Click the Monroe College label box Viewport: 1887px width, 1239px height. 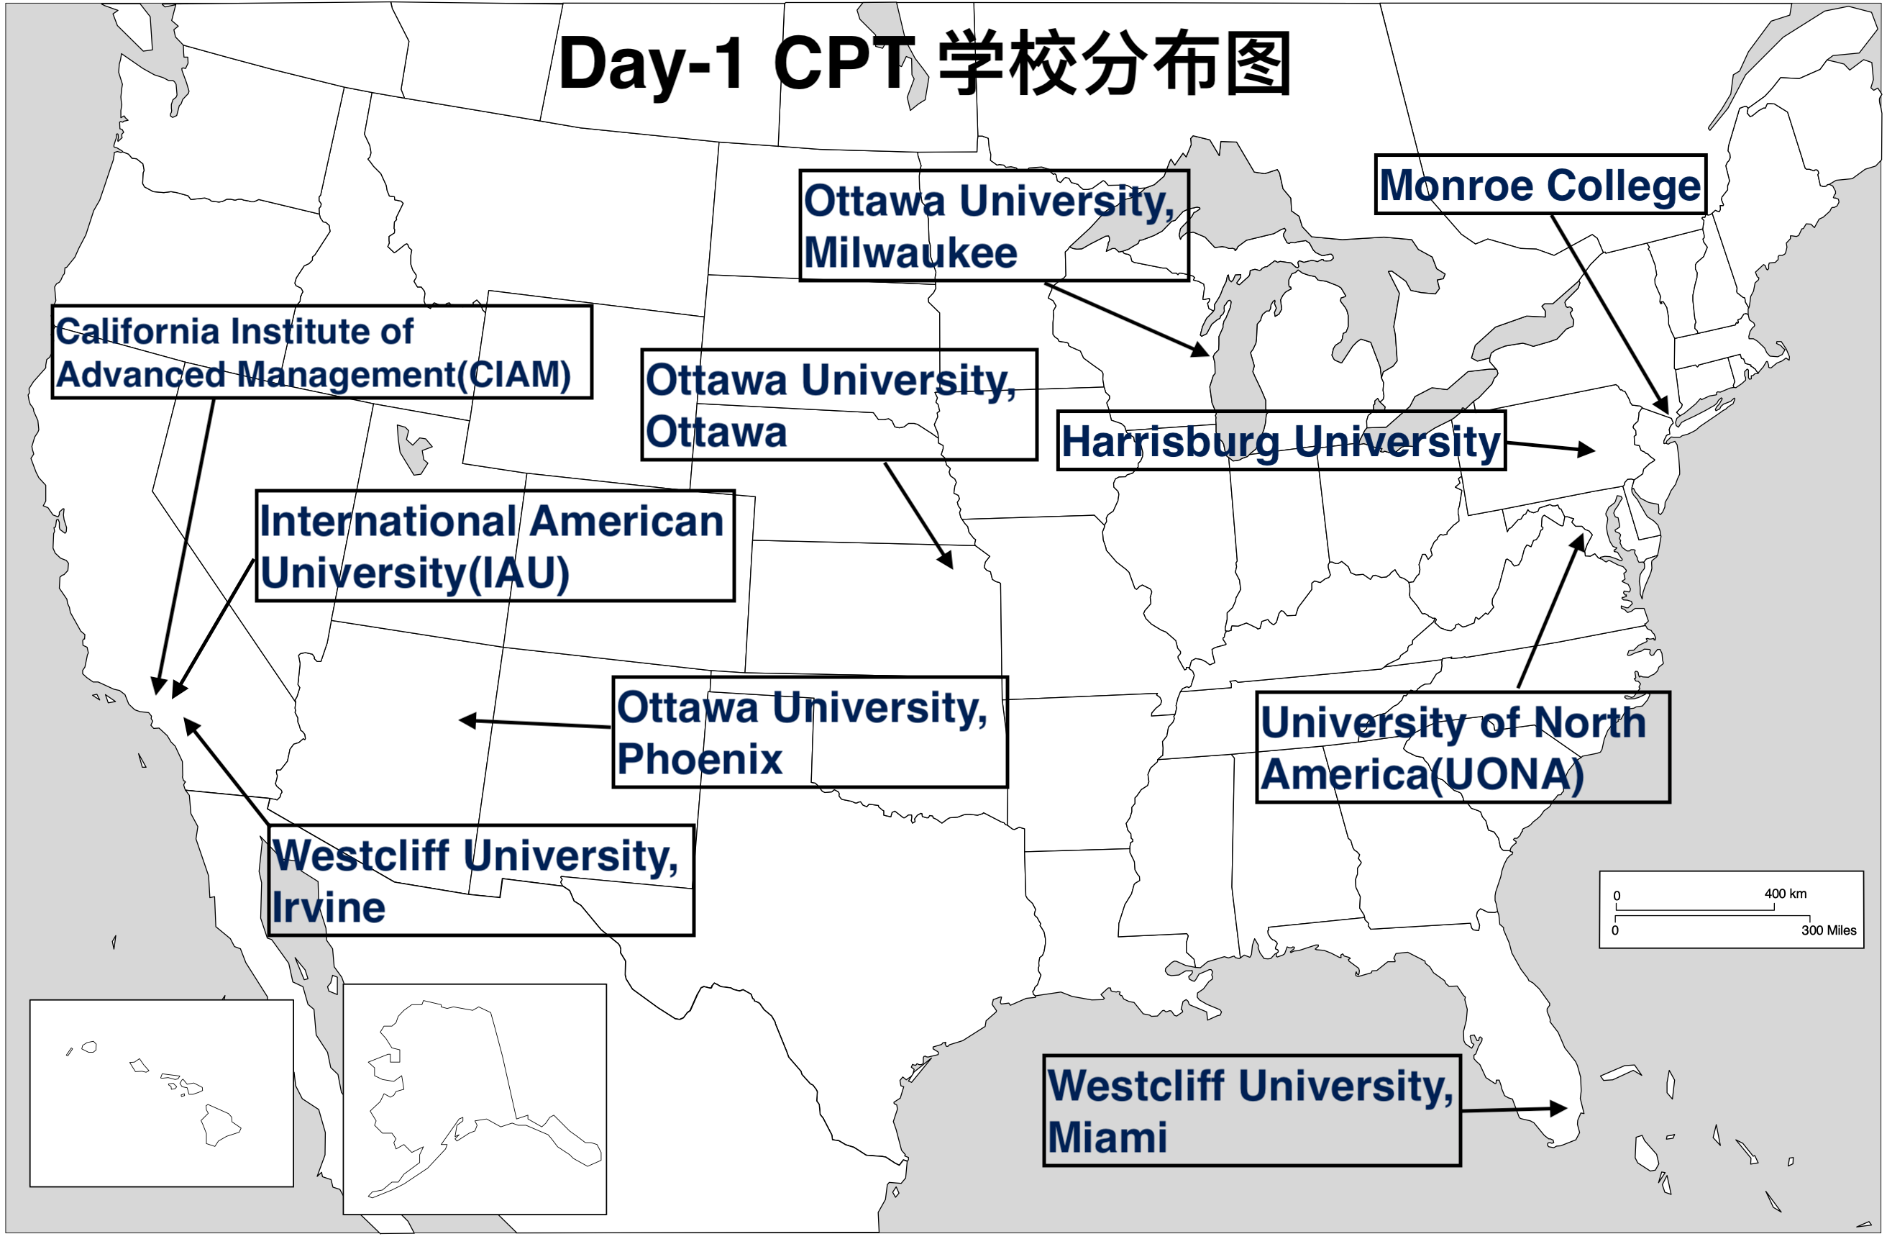(1540, 184)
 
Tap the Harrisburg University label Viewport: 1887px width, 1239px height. (1281, 440)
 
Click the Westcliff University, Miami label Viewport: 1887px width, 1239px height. (1251, 1110)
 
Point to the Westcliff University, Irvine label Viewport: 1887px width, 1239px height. (480, 881)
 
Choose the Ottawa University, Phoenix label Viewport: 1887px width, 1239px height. (810, 732)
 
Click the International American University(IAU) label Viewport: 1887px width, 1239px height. (495, 545)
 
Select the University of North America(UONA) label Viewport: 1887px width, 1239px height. (1463, 747)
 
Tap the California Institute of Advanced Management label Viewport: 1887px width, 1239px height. (321, 351)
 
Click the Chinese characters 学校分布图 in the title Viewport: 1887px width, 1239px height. (1115, 63)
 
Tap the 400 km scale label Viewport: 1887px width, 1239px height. (1786, 893)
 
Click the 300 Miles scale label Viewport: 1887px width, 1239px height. (1828, 930)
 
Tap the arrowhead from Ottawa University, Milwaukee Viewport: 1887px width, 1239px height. (1200, 348)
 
